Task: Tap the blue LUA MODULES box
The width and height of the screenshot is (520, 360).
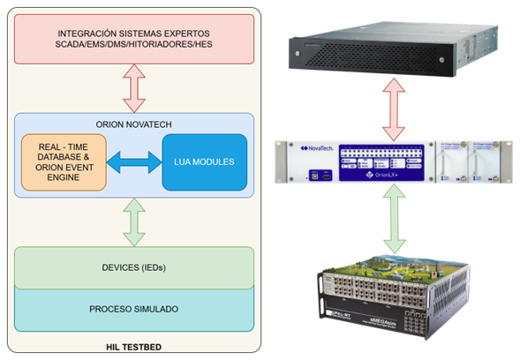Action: [x=204, y=162]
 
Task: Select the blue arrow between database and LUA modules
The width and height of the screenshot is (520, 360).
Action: [x=134, y=162]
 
